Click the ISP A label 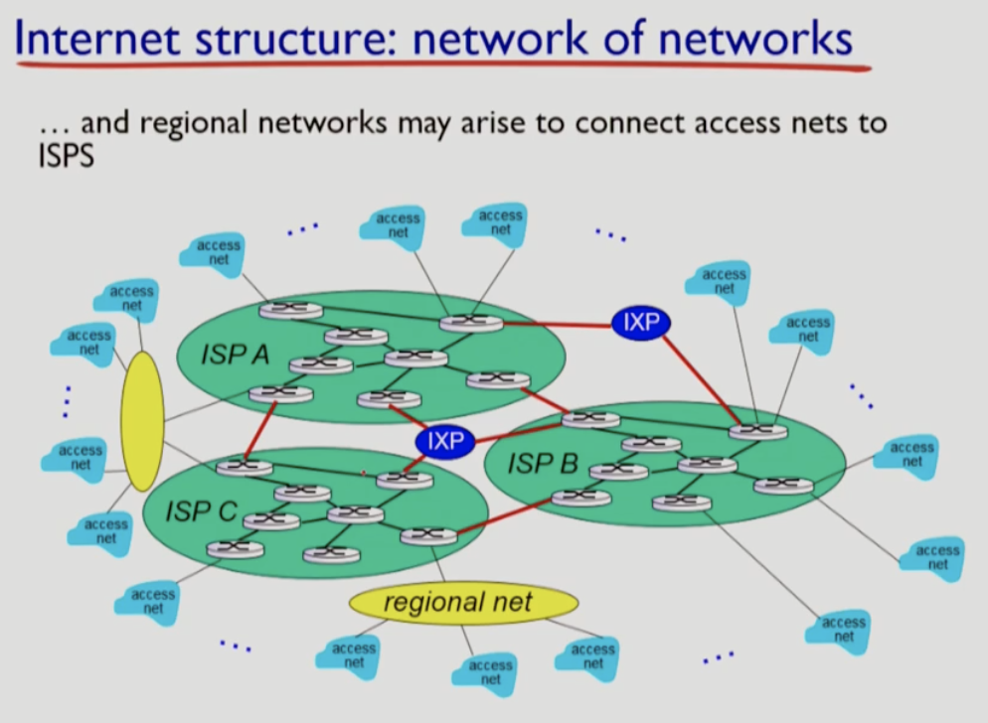click(x=235, y=355)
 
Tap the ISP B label click(x=543, y=463)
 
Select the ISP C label click(x=201, y=511)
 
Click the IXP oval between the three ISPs click(x=444, y=441)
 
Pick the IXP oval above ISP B click(x=641, y=322)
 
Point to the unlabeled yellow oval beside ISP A click(x=142, y=421)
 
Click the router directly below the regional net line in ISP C click(x=428, y=536)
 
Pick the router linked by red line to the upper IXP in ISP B click(x=757, y=431)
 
